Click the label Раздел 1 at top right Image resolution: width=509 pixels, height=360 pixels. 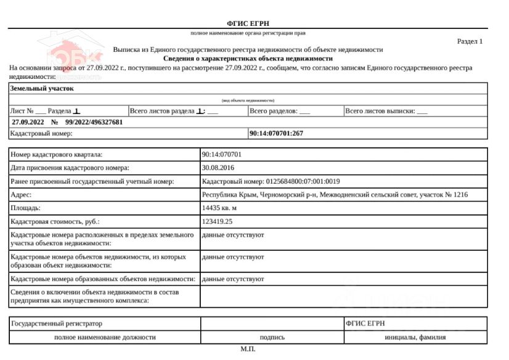tap(470, 41)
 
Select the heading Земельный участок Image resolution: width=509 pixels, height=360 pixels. tap(42, 88)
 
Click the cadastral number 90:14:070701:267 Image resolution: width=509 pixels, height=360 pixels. tap(276, 133)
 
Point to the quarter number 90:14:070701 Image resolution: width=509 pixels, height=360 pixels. tap(222, 154)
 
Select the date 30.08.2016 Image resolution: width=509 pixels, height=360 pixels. tap(218, 168)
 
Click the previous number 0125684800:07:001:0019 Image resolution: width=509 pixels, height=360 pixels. tap(302, 181)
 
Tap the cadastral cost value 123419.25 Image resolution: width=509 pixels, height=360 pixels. tap(218, 222)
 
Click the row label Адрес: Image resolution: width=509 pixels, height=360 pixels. tap(22, 195)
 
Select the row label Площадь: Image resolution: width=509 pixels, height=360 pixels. tap(26, 208)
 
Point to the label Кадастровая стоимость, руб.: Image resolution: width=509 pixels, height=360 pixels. tap(55, 222)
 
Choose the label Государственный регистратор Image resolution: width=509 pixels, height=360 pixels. tap(57, 324)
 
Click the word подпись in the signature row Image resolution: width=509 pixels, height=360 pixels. tap(272, 337)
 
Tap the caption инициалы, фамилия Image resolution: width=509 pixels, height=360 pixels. tap(415, 337)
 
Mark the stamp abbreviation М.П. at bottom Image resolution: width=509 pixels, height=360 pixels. tap(248, 350)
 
